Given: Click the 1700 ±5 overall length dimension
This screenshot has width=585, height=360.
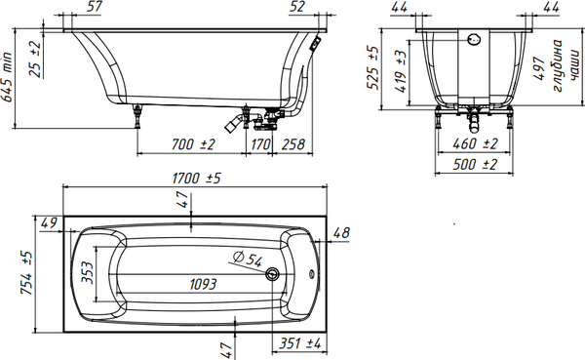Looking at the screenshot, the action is [196, 179].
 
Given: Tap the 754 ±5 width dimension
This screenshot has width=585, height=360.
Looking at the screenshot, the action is [27, 273].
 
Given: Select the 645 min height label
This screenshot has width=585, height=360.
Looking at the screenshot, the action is [7, 77].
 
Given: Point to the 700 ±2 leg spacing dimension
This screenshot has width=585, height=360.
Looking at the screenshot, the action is [193, 144].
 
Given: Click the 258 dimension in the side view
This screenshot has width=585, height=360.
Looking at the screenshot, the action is [292, 144].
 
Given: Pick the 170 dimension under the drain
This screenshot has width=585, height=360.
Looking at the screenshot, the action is [260, 144].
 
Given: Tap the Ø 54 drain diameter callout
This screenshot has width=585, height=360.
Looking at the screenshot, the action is [248, 259].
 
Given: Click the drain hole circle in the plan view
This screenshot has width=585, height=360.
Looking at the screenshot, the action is [272, 274].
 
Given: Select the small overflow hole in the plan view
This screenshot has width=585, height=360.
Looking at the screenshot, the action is [312, 274].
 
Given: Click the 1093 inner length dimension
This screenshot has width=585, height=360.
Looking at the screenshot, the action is [203, 285].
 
